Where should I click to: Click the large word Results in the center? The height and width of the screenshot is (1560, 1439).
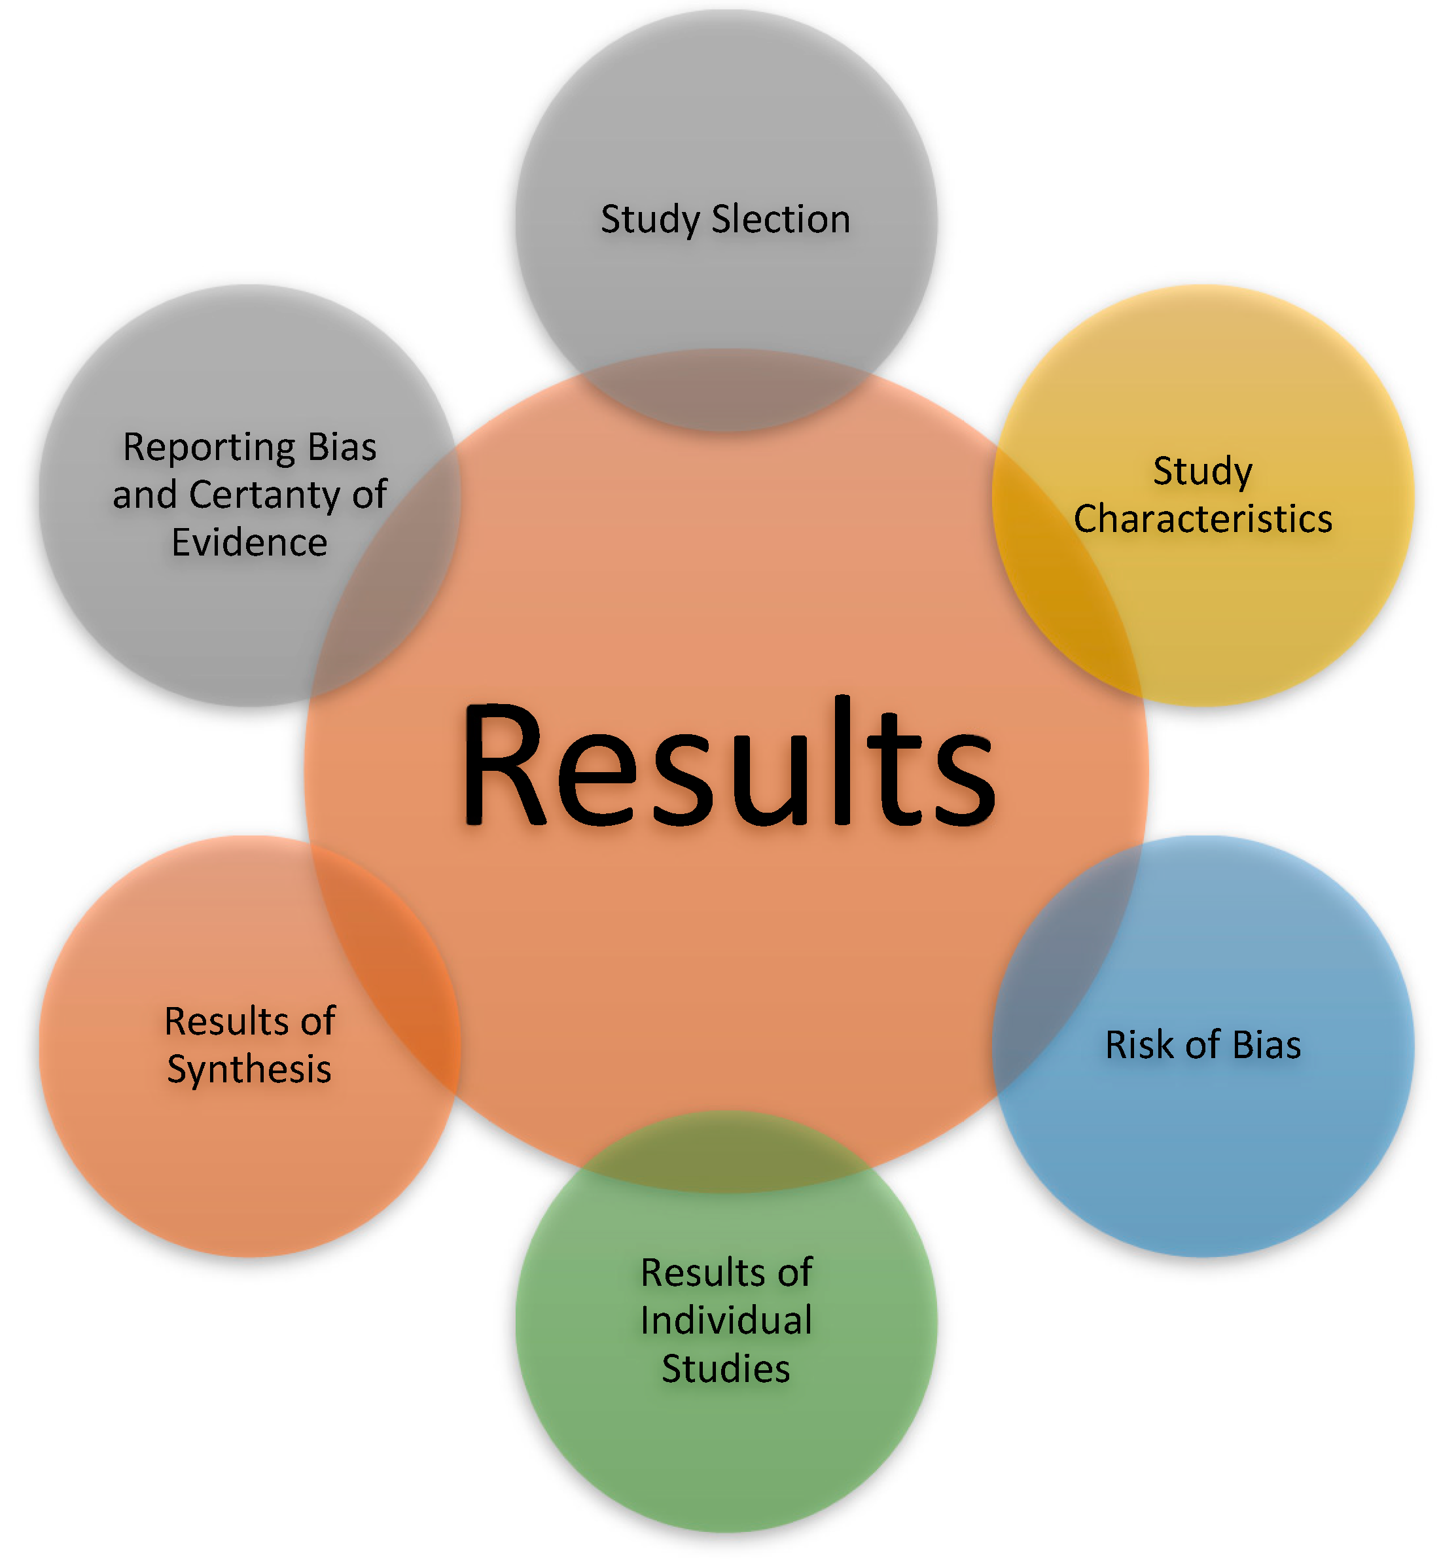(x=728, y=763)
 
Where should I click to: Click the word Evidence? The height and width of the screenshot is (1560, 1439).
(x=249, y=542)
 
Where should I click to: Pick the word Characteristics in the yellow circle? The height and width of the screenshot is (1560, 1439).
(x=1203, y=519)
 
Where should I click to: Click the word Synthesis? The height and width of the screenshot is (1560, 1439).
(x=249, y=1070)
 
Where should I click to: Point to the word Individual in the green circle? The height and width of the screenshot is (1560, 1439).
(x=726, y=1321)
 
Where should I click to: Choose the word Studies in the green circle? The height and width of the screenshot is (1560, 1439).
(x=726, y=1370)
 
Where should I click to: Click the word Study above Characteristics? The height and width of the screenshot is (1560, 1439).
(x=1203, y=471)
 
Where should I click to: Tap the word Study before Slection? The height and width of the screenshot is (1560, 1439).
(x=650, y=219)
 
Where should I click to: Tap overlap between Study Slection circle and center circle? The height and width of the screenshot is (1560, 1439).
(x=726, y=389)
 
